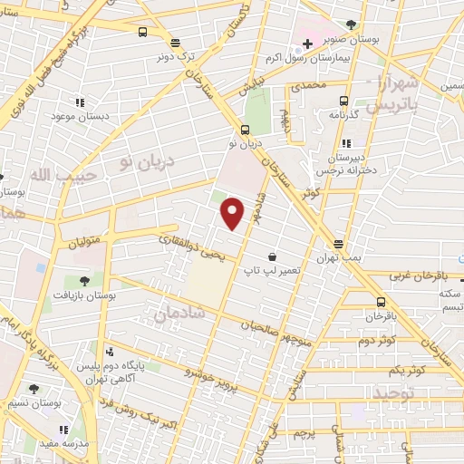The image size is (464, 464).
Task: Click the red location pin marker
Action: click(234, 213)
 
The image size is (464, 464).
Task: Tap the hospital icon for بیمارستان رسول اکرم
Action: click(308, 43)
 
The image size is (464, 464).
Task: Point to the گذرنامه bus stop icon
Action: click(344, 101)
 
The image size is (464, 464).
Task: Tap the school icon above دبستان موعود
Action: click(80, 102)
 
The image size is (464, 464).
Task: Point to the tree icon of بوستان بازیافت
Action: click(83, 281)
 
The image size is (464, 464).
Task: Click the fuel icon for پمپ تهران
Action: click(337, 245)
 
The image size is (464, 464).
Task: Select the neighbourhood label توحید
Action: click(394, 393)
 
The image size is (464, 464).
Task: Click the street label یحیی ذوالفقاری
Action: click(188, 246)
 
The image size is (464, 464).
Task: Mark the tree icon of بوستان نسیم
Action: click(34, 388)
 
